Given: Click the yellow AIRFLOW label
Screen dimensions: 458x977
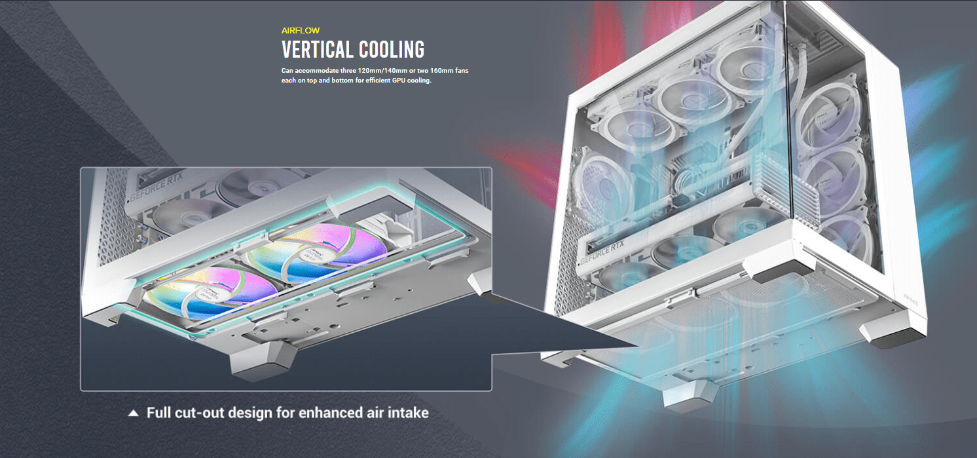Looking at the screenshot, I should click(300, 31).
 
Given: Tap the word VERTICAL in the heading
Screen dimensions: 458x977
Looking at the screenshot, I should click(318, 50).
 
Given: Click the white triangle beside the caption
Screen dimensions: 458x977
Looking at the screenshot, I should click(134, 413).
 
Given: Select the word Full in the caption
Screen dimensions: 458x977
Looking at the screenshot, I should click(158, 413).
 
